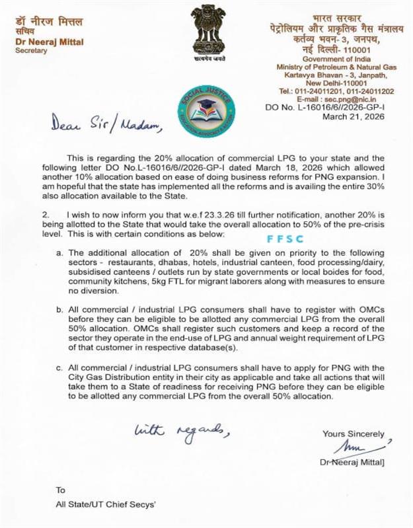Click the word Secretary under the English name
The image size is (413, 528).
pyautogui.click(x=30, y=50)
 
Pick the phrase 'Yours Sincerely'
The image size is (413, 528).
pyautogui.click(x=353, y=434)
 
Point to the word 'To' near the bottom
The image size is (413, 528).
pyautogui.click(x=61, y=490)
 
